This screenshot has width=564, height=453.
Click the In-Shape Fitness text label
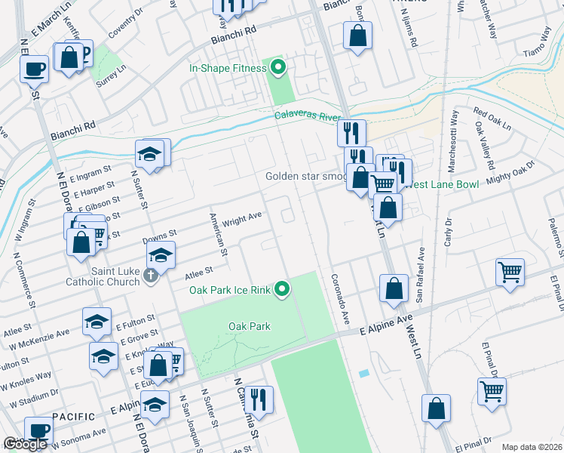pyautogui.click(x=228, y=69)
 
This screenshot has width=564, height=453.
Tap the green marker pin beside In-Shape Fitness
pyautogui.click(x=278, y=69)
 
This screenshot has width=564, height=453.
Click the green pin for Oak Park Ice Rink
pyautogui.click(x=282, y=288)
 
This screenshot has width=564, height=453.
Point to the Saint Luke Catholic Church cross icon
pyautogui.click(x=150, y=276)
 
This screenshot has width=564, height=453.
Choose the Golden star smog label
pyautogui.click(x=305, y=177)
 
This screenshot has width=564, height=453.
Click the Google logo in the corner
pyautogui.click(x=25, y=445)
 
